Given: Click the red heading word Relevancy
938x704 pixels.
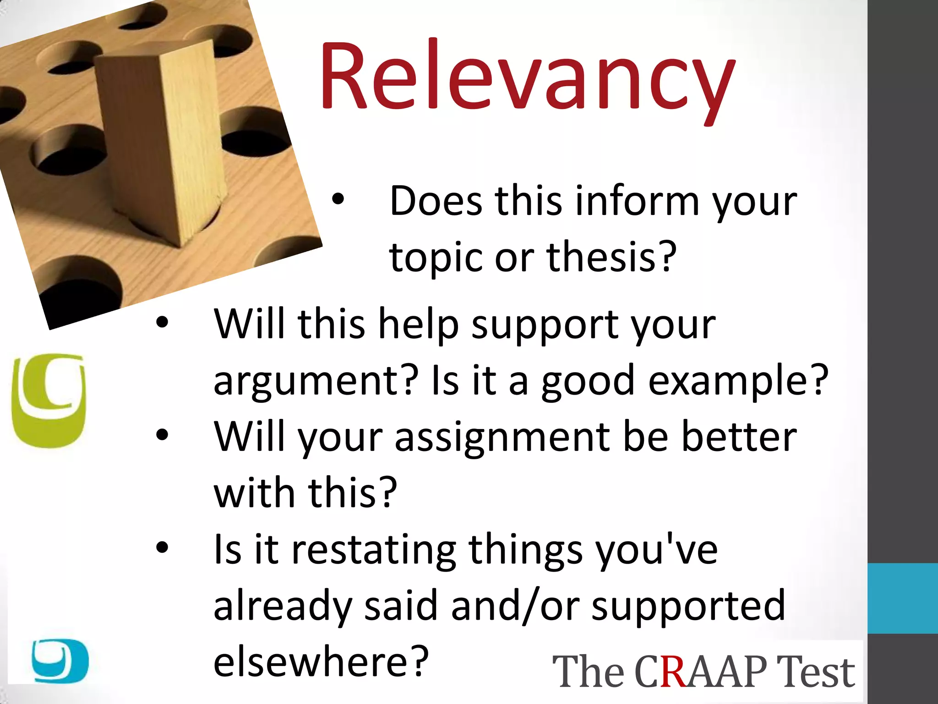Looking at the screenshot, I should [527, 78].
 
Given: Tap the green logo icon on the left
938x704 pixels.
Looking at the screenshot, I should [49, 400].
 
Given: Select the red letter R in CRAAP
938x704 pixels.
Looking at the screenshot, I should [673, 671].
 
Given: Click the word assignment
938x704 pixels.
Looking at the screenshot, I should [502, 438].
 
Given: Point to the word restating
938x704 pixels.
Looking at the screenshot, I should [374, 550].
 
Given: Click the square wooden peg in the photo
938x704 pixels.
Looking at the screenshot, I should [160, 142].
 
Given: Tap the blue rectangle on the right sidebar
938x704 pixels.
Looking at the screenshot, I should [902, 598].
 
